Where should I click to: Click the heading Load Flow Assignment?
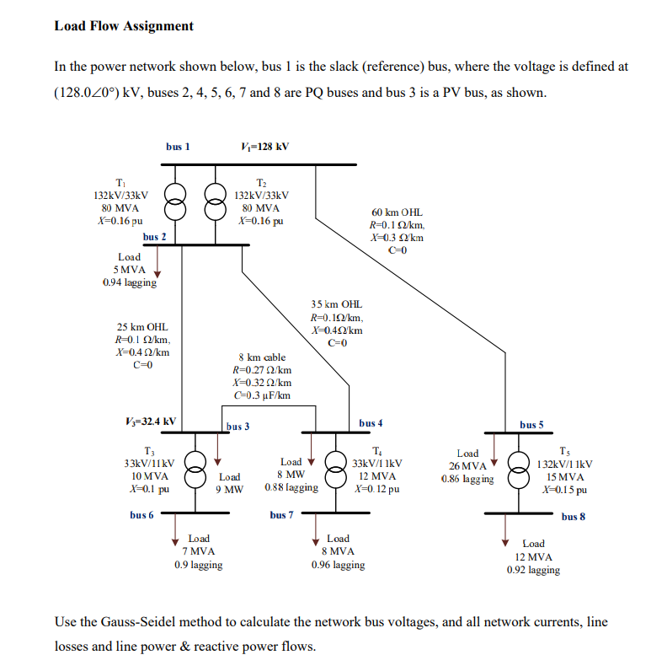[124, 25]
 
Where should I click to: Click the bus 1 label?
[178, 146]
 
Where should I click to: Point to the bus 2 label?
[154, 237]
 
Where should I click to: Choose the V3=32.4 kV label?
[150, 421]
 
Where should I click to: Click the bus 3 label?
[238, 427]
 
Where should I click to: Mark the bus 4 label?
[371, 422]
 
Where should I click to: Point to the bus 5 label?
[531, 424]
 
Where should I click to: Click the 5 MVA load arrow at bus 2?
[157, 264]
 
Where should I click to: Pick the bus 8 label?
[574, 516]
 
